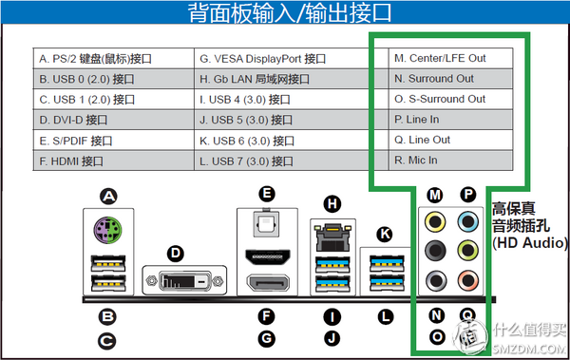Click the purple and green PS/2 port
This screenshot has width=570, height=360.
pyautogui.click(x=108, y=230)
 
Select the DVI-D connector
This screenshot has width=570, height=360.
pyautogui.click(x=184, y=281)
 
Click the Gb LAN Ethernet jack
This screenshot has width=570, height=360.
pyautogui.click(x=332, y=237)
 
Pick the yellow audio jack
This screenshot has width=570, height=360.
pyautogui.click(x=435, y=221)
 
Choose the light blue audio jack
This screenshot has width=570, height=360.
pyautogui.click(x=468, y=221)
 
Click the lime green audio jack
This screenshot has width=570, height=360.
pyautogui.click(x=468, y=250)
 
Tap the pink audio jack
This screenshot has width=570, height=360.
pyautogui.click(x=468, y=280)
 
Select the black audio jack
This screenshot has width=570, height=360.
pyautogui.click(x=435, y=250)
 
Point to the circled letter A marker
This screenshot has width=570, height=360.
pyautogui.click(x=108, y=197)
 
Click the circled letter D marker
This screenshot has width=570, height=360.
pyautogui.click(x=176, y=253)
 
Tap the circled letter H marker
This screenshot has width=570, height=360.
pyautogui.click(x=332, y=203)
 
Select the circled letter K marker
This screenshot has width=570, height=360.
pyautogui.click(x=385, y=235)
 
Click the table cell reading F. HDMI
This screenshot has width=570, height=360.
pyautogui.click(x=113, y=161)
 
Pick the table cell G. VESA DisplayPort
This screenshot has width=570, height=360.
pyautogui.click(x=292, y=58)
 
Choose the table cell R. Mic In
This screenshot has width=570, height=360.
pyautogui.click(x=450, y=161)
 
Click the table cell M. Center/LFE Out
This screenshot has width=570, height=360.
pyautogui.click(x=450, y=58)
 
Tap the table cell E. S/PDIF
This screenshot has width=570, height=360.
pyautogui.click(x=113, y=141)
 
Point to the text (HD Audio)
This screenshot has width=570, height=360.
pyautogui.click(x=530, y=242)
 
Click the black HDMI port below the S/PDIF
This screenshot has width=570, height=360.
pyautogui.click(x=268, y=256)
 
